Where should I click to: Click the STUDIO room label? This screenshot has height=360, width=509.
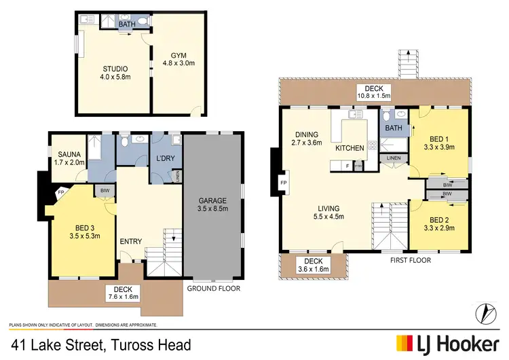point(115,73)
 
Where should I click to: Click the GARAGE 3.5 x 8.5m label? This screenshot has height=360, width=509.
point(213,204)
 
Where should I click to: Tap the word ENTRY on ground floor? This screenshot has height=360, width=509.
point(130,242)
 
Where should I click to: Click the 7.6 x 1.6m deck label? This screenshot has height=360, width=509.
point(122,293)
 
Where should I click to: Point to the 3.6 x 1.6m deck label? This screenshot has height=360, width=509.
point(313,266)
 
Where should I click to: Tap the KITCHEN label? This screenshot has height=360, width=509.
point(350,147)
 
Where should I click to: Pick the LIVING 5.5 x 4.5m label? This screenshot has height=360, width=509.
point(328,213)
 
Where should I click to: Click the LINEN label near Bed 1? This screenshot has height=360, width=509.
point(394,158)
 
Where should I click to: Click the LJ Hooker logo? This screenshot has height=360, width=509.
point(449,343)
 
